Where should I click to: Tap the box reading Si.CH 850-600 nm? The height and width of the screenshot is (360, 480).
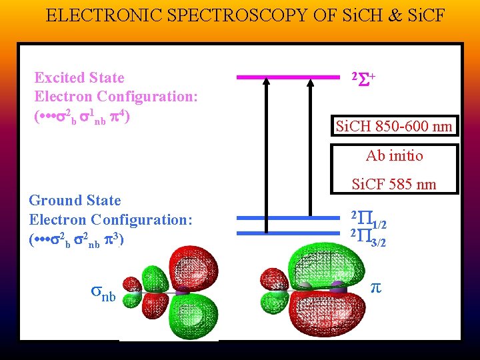(x=395, y=126)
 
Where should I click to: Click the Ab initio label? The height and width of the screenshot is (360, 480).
(x=395, y=156)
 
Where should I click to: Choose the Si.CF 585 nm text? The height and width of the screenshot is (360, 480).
(x=394, y=184)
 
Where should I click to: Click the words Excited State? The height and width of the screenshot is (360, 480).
(x=79, y=77)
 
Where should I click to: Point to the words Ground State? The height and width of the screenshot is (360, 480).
(x=75, y=200)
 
